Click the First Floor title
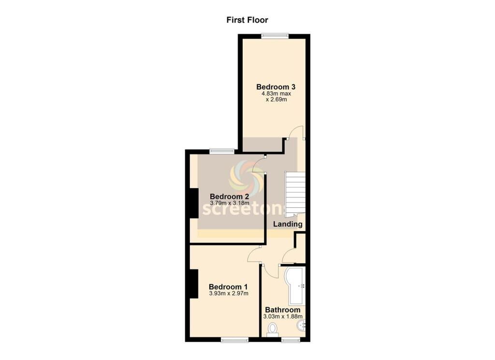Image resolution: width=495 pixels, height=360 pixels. tap(247, 20)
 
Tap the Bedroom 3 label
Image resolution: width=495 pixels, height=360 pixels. tap(276, 87)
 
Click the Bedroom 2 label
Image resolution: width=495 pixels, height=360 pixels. tap(229, 197)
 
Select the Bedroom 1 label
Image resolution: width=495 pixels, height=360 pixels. tap(228, 287)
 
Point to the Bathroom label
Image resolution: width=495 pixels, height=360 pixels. tap(282, 310)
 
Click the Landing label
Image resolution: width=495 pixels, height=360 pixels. tap(288, 224)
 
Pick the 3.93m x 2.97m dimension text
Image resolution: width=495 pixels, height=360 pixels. tap(229, 293)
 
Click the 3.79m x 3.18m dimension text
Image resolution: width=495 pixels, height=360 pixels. tap(230, 203)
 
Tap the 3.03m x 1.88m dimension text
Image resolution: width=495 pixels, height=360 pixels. tap(283, 317)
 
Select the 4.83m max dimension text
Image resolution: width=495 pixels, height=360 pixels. tap(276, 94)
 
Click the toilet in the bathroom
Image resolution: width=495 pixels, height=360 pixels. tap(272, 330)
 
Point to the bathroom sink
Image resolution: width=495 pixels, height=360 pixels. tap(301, 325)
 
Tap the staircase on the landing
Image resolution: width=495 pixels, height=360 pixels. tap(295, 195)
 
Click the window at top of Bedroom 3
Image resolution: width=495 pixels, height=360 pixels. tap(275, 36)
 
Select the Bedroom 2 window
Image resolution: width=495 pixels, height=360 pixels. tap(222, 151)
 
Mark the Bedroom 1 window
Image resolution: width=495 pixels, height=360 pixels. tap(234, 340)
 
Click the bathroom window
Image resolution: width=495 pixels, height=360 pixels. tap(291, 340)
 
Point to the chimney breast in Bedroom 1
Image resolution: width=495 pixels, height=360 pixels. tap(194, 284)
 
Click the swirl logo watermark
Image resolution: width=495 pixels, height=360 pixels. tap(247, 178)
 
